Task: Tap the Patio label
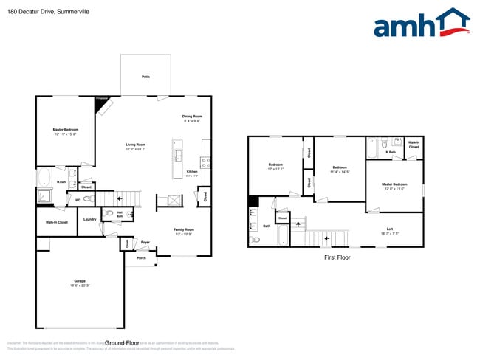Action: coord(146,77)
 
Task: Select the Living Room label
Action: coord(135,145)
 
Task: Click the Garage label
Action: coord(80,282)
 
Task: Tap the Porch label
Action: coord(141,258)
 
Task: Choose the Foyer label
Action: coord(145,242)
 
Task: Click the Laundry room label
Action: coord(90,219)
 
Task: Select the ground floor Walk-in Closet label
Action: coord(57,222)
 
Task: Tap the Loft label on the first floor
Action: coord(389,229)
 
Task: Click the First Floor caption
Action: coord(337,257)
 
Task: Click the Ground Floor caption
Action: coord(123,343)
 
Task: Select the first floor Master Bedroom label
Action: coord(394,184)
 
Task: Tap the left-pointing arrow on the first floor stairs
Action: coord(326,239)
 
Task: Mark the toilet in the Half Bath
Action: coord(109,213)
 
